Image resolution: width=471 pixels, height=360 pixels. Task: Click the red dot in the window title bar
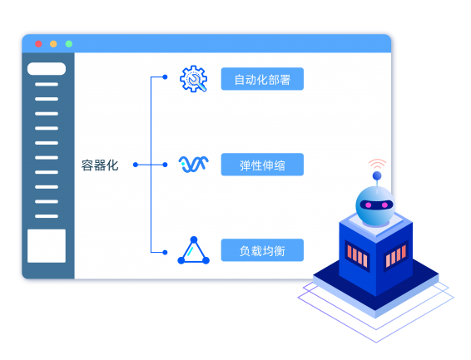[38, 44]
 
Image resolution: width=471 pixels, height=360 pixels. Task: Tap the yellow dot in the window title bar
[53, 44]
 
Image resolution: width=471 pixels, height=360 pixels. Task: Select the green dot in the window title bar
[69, 44]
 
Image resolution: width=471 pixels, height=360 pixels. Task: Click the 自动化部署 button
[262, 79]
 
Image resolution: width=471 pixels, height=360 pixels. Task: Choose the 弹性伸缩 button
[262, 165]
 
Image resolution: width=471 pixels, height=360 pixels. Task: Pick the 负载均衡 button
[262, 250]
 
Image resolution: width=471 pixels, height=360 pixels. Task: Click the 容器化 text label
[100, 165]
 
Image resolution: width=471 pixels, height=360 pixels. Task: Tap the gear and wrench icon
[194, 79]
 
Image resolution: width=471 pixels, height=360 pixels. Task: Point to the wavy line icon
[194, 164]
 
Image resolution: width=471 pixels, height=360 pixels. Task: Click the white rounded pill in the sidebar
[47, 69]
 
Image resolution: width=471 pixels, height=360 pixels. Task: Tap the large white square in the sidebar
[47, 246]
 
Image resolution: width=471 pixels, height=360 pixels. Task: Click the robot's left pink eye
[369, 205]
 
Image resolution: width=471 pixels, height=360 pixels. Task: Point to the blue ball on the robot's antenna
[377, 175]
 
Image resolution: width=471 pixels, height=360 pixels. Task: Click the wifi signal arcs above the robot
[378, 163]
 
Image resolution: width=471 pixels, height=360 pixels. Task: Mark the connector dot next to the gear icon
[165, 77]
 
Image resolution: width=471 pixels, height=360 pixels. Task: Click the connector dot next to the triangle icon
[165, 252]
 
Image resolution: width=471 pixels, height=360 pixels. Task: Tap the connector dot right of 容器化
[136, 165]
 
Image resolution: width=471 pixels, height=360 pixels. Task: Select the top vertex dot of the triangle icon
[194, 239]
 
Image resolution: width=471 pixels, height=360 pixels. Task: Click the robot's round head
[374, 206]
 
